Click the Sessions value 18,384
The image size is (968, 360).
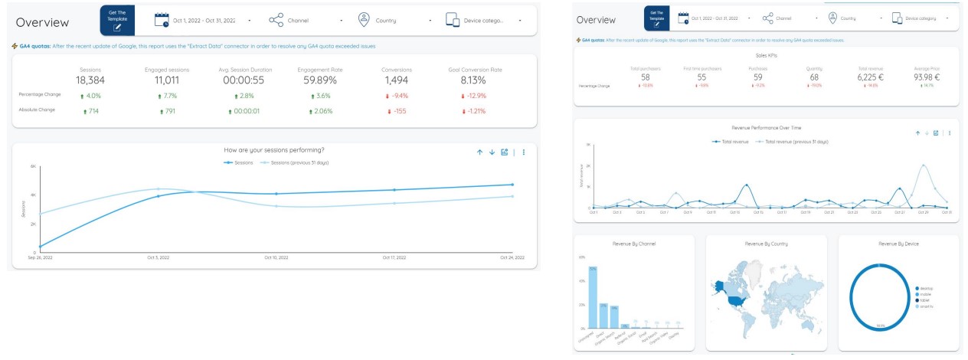point(90,80)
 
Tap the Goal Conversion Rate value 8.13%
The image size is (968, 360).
point(475,80)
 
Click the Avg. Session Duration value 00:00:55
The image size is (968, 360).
point(244,80)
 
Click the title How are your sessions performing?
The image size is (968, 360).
point(273,150)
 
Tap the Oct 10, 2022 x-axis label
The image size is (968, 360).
point(276,258)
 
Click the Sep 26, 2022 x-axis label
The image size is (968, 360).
point(41,258)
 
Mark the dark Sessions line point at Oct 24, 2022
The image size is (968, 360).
point(512,185)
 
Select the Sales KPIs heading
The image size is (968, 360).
point(767,55)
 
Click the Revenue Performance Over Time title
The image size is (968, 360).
point(767,127)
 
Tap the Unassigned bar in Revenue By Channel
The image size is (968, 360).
point(593,297)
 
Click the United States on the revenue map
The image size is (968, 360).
point(737,300)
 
